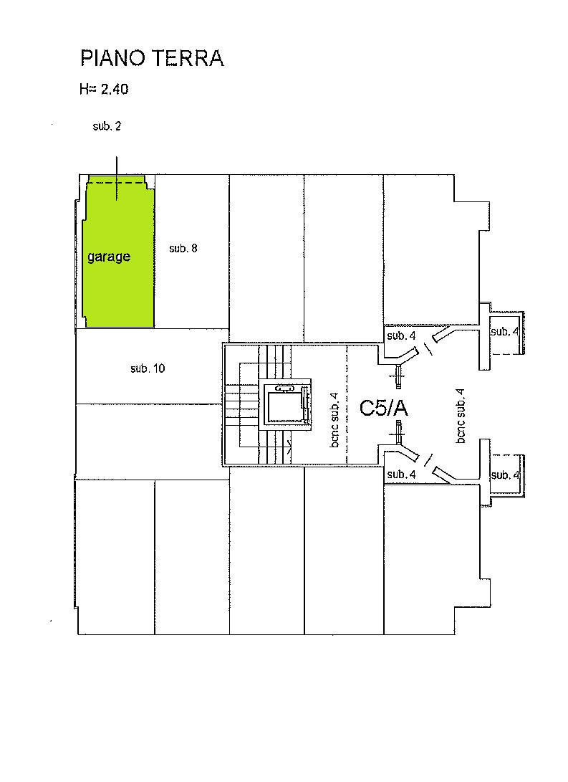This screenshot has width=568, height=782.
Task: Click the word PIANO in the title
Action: [x=113, y=58]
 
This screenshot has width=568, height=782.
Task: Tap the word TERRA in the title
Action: [x=188, y=58]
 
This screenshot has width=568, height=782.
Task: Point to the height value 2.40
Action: [x=115, y=90]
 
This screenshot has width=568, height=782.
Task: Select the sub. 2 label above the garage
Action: [x=107, y=126]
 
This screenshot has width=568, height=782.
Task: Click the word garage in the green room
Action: [x=109, y=257]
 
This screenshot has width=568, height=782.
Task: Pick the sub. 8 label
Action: [x=183, y=248]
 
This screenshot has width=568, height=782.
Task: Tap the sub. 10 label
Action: [x=148, y=368]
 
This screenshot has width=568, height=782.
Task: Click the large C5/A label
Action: [x=384, y=408]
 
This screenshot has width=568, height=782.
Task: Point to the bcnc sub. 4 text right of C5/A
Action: [x=461, y=416]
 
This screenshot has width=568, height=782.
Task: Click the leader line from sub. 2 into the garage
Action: [x=117, y=178]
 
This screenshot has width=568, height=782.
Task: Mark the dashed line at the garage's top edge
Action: [x=117, y=183]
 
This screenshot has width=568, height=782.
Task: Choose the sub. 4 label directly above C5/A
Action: [x=401, y=336]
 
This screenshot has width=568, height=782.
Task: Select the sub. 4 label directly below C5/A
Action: [x=401, y=475]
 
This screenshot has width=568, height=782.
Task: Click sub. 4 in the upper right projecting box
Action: [x=505, y=332]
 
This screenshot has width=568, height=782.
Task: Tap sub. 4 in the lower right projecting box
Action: [x=505, y=475]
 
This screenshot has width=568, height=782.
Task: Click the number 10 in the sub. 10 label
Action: [x=159, y=368]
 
